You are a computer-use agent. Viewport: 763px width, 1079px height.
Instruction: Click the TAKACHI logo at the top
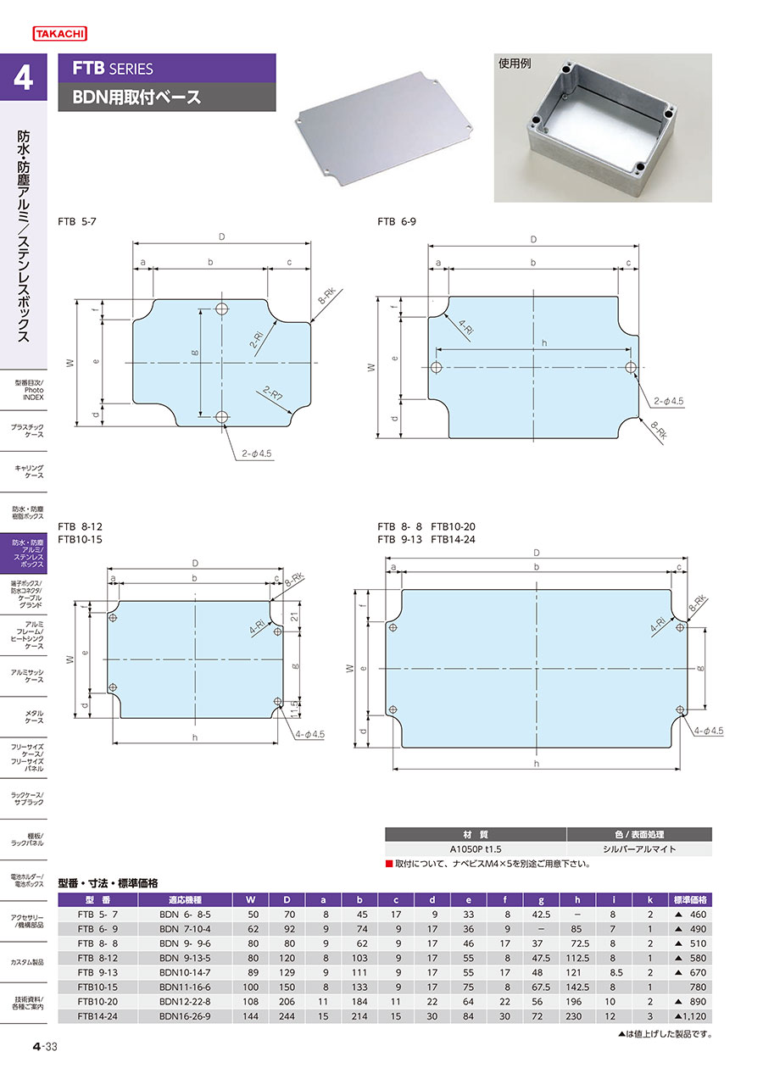[x=60, y=34]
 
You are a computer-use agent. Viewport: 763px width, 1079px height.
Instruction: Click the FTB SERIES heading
[x=113, y=69]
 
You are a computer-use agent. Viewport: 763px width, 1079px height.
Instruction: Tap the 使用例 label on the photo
[x=515, y=64]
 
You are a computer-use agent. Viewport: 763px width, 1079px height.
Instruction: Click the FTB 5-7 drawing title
[x=77, y=221]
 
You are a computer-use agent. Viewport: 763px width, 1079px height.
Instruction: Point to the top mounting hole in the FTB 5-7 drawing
[x=221, y=309]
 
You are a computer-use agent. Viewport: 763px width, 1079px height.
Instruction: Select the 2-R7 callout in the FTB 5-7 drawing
[x=273, y=394]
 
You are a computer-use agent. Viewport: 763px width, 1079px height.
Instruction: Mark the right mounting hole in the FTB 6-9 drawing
[x=631, y=368]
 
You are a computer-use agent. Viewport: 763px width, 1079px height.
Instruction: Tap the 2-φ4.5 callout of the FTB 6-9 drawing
[x=669, y=401]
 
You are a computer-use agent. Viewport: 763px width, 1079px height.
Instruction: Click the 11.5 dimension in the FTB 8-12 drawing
[x=295, y=709]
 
